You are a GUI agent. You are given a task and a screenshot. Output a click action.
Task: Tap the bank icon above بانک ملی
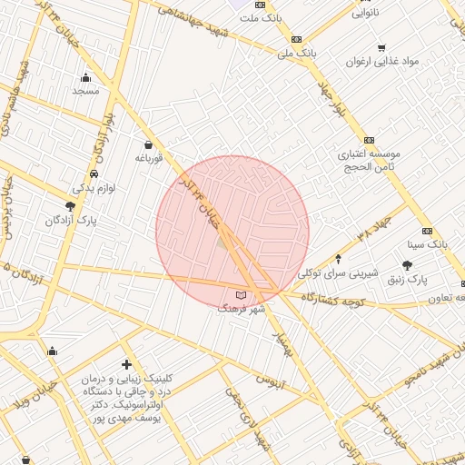296,39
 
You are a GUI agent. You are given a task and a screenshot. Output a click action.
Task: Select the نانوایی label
380,14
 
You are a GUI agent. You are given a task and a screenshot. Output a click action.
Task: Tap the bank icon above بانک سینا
428,231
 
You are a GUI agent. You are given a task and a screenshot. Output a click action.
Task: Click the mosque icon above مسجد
85,77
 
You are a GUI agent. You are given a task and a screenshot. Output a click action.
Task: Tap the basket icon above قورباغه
148,143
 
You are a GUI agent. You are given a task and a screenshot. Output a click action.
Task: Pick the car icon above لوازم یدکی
94,173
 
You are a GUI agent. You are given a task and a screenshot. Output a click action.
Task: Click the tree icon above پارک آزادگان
70,206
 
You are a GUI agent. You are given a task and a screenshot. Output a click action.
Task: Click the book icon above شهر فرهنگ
241,295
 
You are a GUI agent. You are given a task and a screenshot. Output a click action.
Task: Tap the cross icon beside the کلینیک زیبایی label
126,364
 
